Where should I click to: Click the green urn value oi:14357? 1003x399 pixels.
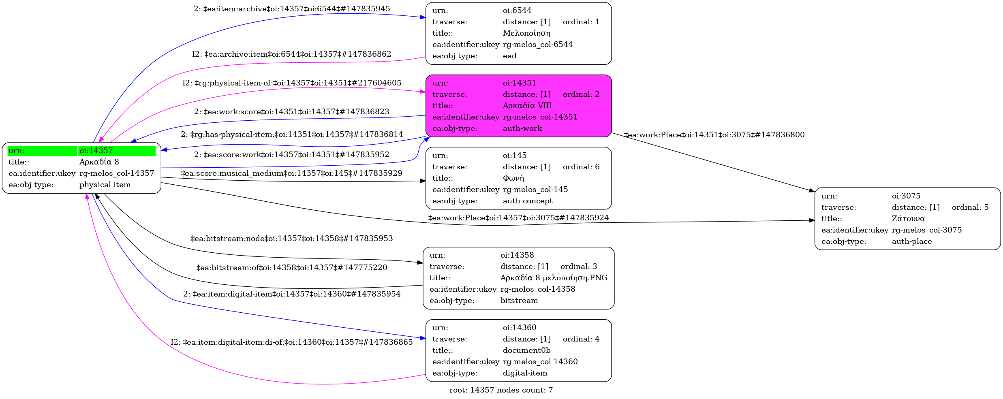tap(96, 151)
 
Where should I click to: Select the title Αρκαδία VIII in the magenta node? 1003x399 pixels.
tap(527, 106)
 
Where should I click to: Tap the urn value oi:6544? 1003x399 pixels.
tap(517, 11)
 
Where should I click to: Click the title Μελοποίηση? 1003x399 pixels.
tap(526, 33)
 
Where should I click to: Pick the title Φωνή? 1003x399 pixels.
tap(513, 178)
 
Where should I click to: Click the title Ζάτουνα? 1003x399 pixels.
tap(908, 219)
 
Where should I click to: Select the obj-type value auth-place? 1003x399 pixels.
tap(912, 241)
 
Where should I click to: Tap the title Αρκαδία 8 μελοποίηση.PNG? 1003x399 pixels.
tap(554, 278)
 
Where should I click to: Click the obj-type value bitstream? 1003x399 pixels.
tap(519, 301)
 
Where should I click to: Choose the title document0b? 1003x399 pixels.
tap(526, 350)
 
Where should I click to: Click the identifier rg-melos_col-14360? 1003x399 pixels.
tap(540, 362)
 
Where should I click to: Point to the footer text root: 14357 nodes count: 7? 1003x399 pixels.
tap(501, 390)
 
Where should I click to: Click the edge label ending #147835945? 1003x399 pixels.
tap(292, 9)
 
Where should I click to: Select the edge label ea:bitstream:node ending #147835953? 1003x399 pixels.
tap(292, 239)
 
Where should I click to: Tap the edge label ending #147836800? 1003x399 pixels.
tap(714, 135)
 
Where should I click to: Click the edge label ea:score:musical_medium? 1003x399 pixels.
tap(291, 173)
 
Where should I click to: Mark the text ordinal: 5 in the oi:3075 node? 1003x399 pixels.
tap(970, 207)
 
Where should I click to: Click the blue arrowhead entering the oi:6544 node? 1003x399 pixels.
tap(423, 17)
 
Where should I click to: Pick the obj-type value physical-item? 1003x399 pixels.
tap(105, 185)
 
